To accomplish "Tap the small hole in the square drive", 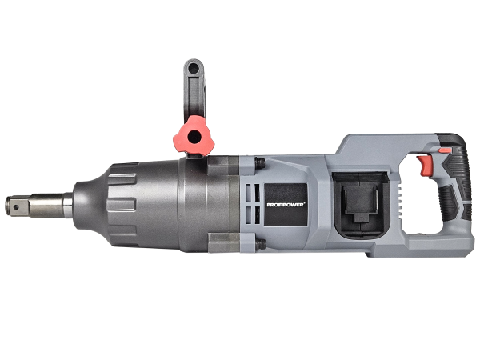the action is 16,207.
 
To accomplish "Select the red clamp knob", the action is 194,135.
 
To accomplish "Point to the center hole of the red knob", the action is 194,136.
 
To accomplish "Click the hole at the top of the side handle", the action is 194,68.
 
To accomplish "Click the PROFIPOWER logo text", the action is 286,205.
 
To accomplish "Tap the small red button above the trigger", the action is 445,150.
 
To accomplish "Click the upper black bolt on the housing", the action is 259,163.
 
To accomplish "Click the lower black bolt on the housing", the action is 261,244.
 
